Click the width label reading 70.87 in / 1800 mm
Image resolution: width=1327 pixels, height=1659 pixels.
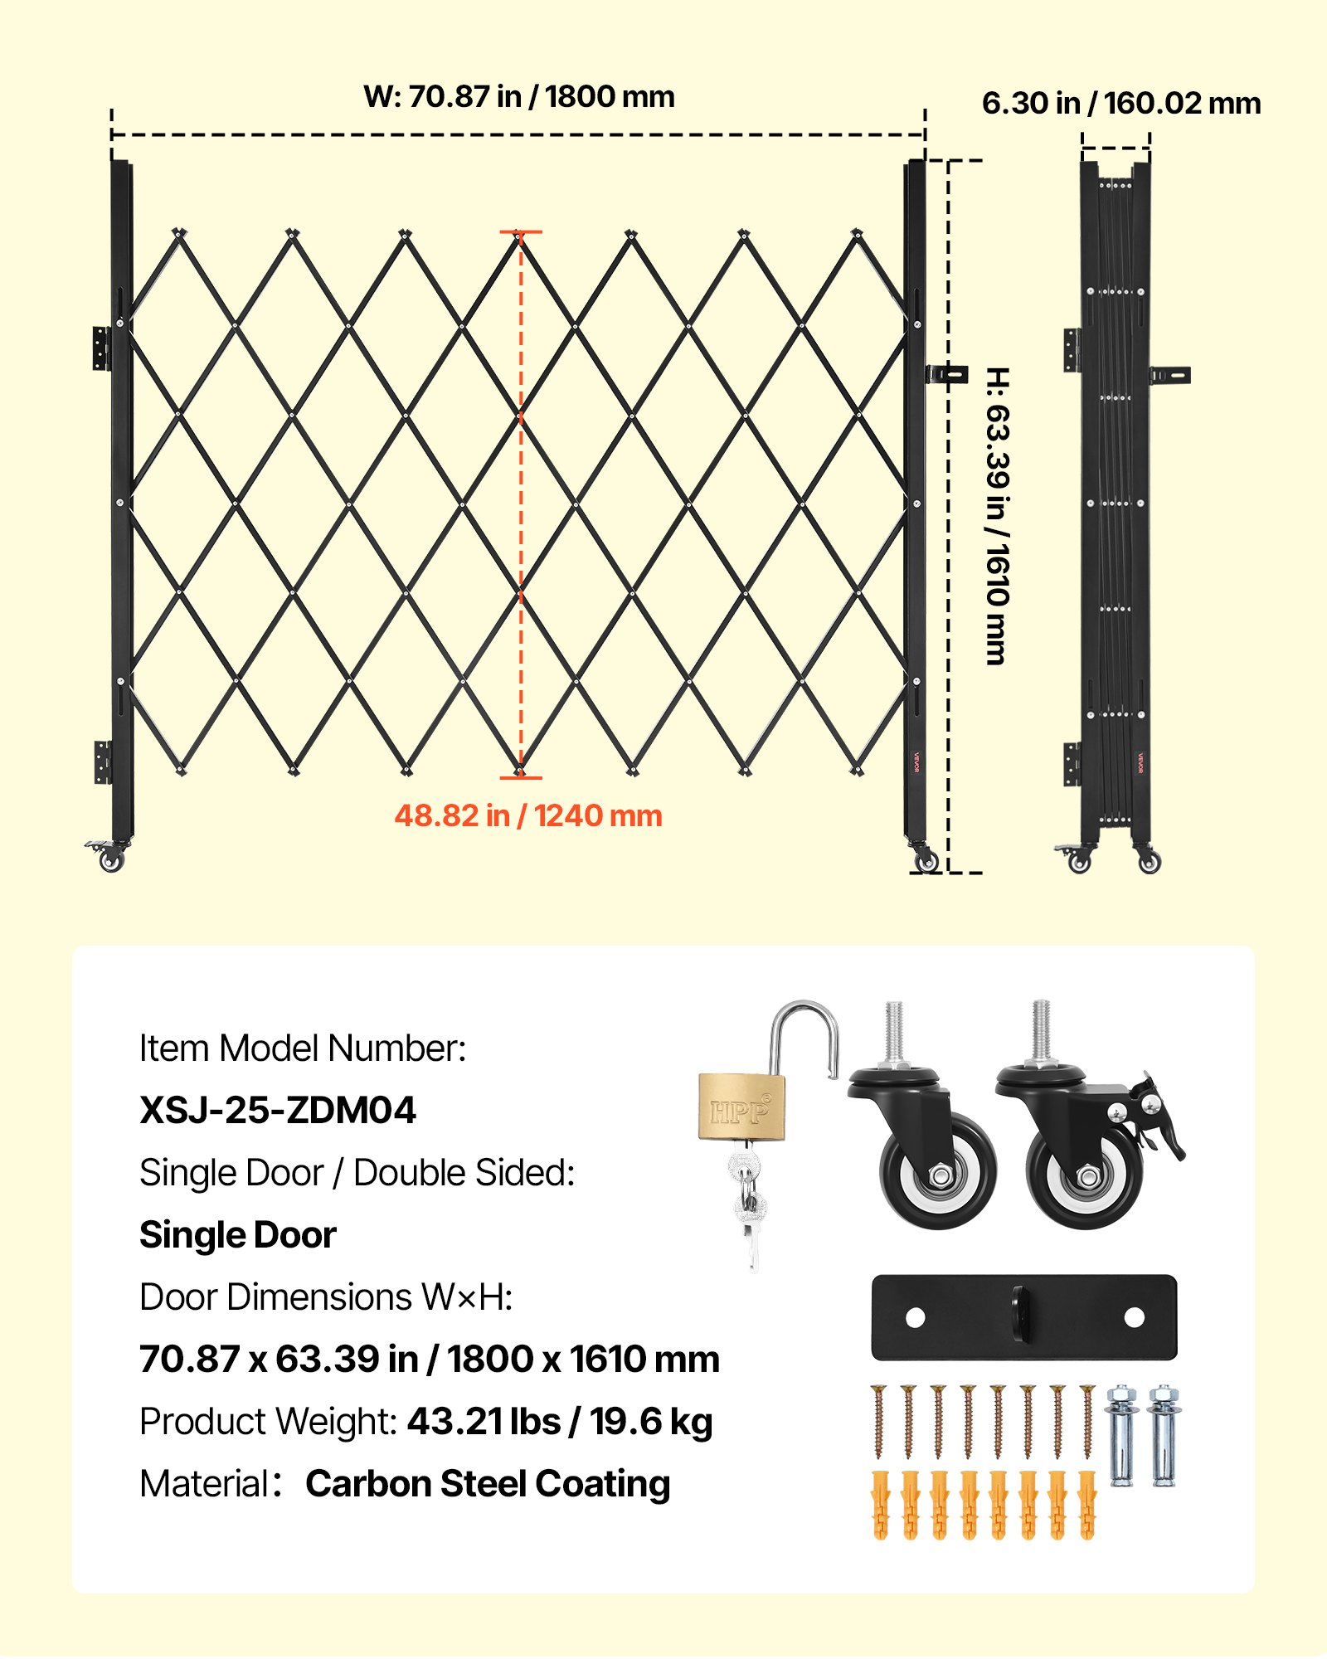tap(519, 97)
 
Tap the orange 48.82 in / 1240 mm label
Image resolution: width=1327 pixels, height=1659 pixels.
tap(528, 816)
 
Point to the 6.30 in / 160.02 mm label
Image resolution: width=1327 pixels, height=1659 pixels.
tap(1121, 104)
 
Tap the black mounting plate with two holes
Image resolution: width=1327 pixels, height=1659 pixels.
tap(1024, 1317)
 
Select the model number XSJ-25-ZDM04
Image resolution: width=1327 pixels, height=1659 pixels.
tap(278, 1111)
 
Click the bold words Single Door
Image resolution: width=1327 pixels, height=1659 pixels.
tap(238, 1235)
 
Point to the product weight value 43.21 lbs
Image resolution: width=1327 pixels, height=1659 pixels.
tap(484, 1422)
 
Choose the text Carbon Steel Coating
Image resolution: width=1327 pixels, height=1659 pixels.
tap(488, 1484)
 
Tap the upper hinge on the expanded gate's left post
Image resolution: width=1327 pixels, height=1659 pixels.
tap(101, 348)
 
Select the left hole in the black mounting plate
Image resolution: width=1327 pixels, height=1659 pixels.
tap(916, 1317)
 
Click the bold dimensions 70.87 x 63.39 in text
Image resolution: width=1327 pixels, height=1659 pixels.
tap(279, 1360)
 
